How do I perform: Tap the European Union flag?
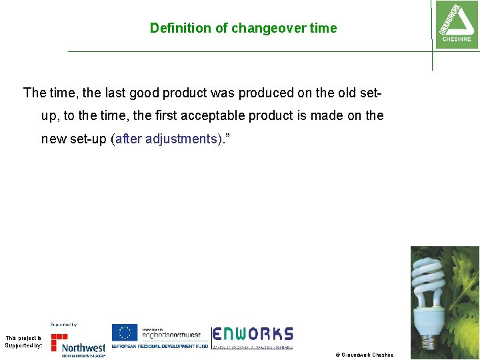[124, 332]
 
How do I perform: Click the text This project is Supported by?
[23, 341]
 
